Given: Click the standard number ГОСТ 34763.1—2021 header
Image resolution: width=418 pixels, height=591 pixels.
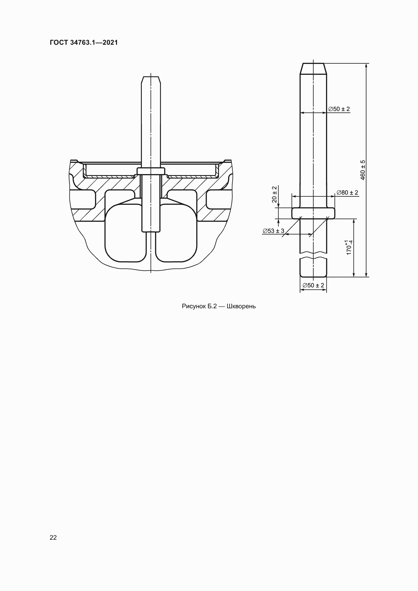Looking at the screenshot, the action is pyautogui.click(x=84, y=42).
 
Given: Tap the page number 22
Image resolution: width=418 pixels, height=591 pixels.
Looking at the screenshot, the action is pyautogui.click(x=53, y=537).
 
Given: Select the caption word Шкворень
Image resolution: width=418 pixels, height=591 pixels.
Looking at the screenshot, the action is pyautogui.click(x=241, y=306).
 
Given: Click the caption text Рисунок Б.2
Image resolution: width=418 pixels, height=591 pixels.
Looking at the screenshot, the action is pyautogui.click(x=199, y=306).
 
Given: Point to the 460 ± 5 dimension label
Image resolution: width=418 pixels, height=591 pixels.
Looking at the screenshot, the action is pyautogui.click(x=363, y=170).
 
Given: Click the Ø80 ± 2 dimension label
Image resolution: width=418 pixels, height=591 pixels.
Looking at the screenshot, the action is pyautogui.click(x=347, y=193).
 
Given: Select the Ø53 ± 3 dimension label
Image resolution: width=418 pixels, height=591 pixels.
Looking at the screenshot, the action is pyautogui.click(x=273, y=231).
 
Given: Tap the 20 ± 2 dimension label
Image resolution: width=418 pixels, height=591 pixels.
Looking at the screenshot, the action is pyautogui.click(x=274, y=194).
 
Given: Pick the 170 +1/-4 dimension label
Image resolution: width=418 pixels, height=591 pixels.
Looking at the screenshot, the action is pyautogui.click(x=349, y=247).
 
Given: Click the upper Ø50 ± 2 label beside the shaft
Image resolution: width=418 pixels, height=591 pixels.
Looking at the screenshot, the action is pyautogui.click(x=339, y=109).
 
